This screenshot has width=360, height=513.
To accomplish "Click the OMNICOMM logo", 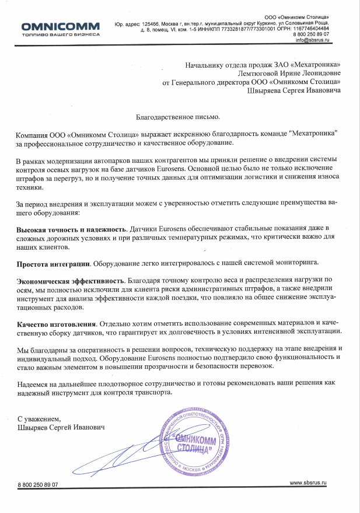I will coord(60,26).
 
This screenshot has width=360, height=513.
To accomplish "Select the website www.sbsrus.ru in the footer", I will coord(308,484).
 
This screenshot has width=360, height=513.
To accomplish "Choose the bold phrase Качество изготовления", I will coord(55,322).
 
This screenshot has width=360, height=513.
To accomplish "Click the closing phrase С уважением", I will coord(39,419).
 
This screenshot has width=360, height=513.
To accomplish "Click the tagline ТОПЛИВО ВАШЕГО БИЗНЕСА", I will coord(60,34).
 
